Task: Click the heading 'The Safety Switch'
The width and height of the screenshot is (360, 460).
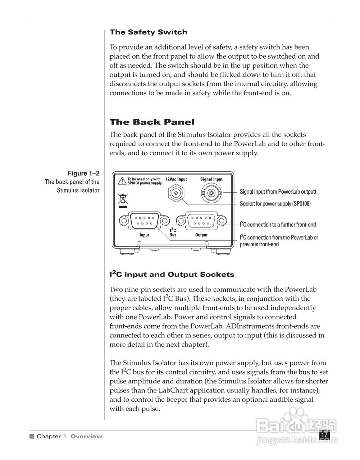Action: point(148,32)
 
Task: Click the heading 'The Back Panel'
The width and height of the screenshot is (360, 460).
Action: point(152,122)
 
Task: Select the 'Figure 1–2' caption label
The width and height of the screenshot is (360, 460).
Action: point(83,174)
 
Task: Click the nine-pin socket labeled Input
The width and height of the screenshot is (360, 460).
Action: point(144,221)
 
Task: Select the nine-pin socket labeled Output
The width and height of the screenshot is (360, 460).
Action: point(201,221)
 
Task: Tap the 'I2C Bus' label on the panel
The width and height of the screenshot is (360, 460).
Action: point(173,232)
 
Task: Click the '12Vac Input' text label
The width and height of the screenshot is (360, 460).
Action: point(176,179)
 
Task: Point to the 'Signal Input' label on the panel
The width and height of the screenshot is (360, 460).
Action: point(211,179)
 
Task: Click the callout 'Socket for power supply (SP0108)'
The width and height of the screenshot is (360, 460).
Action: point(275,204)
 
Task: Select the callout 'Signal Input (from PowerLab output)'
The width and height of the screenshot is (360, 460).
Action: point(278,192)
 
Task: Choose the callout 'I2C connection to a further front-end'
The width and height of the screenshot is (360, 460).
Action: point(278,225)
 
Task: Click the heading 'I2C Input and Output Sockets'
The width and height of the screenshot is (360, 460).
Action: point(172,275)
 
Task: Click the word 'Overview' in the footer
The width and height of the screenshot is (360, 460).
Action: point(86,437)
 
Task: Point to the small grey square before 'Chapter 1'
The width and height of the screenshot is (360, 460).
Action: point(32,437)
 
